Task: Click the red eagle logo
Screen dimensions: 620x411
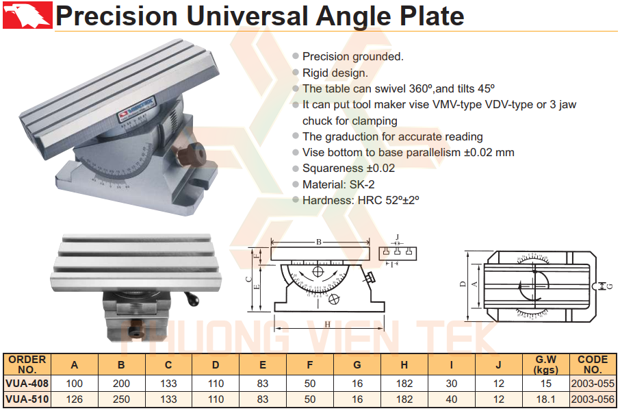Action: click(x=27, y=15)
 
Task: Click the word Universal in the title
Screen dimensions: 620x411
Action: click(x=247, y=16)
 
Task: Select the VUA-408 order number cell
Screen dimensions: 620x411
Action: click(x=27, y=384)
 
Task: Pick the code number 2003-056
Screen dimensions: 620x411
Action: click(x=593, y=399)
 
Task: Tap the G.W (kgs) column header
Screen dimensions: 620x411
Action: click(x=545, y=364)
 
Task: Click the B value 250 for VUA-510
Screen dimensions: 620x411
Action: click(x=121, y=399)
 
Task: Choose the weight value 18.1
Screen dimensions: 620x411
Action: click(x=545, y=399)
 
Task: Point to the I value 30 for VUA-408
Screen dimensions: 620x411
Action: click(x=451, y=384)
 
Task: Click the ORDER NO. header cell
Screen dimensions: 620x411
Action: click(x=27, y=364)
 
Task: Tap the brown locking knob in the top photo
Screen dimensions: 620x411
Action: click(x=190, y=155)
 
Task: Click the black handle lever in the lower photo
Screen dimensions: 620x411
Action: click(x=192, y=299)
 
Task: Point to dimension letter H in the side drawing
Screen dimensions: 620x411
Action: click(x=327, y=324)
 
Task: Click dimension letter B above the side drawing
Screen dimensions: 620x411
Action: click(x=319, y=242)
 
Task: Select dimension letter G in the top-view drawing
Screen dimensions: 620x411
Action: click(x=610, y=286)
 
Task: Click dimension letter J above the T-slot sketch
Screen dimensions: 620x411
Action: click(x=398, y=237)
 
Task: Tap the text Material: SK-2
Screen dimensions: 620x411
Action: click(x=338, y=184)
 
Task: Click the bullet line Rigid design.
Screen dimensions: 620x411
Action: click(x=335, y=73)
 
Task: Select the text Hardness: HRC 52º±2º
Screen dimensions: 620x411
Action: click(x=360, y=200)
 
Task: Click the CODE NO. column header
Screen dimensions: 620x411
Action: click(x=593, y=364)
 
